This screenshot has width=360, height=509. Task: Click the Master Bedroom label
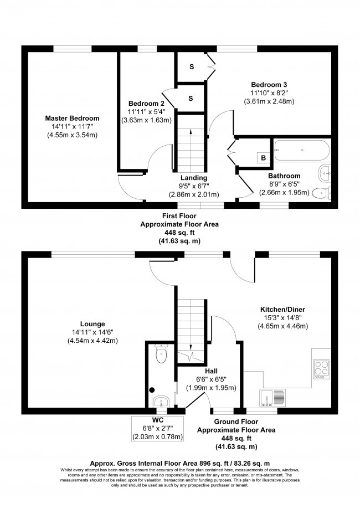pyautogui.click(x=72, y=118)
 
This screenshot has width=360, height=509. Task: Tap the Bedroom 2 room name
pyautogui.click(x=146, y=104)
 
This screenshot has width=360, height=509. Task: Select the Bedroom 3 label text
pyautogui.click(x=269, y=85)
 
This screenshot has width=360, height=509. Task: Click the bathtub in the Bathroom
pyautogui.click(x=302, y=150)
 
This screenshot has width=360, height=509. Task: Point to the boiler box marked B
pyautogui.click(x=263, y=158)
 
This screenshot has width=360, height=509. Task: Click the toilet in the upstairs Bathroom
pyautogui.click(x=322, y=193)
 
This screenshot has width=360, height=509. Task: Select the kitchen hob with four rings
pyautogui.click(x=322, y=369)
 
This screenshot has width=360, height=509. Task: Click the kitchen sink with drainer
pyautogui.click(x=273, y=398)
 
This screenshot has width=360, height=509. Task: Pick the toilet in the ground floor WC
pyautogui.click(x=161, y=353)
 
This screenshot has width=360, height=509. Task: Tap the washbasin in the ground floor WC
pyautogui.click(x=161, y=401)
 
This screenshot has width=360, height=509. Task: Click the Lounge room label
pyautogui.click(x=92, y=324)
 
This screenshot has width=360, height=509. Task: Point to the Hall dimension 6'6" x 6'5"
pyautogui.click(x=211, y=379)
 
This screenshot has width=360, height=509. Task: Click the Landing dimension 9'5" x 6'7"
pyautogui.click(x=194, y=186)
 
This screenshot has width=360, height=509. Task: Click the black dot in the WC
pyautogui.click(x=152, y=390)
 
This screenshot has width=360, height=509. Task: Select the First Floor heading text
pyautogui.click(x=179, y=216)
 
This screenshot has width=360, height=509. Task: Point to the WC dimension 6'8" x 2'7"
pyautogui.click(x=157, y=429)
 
